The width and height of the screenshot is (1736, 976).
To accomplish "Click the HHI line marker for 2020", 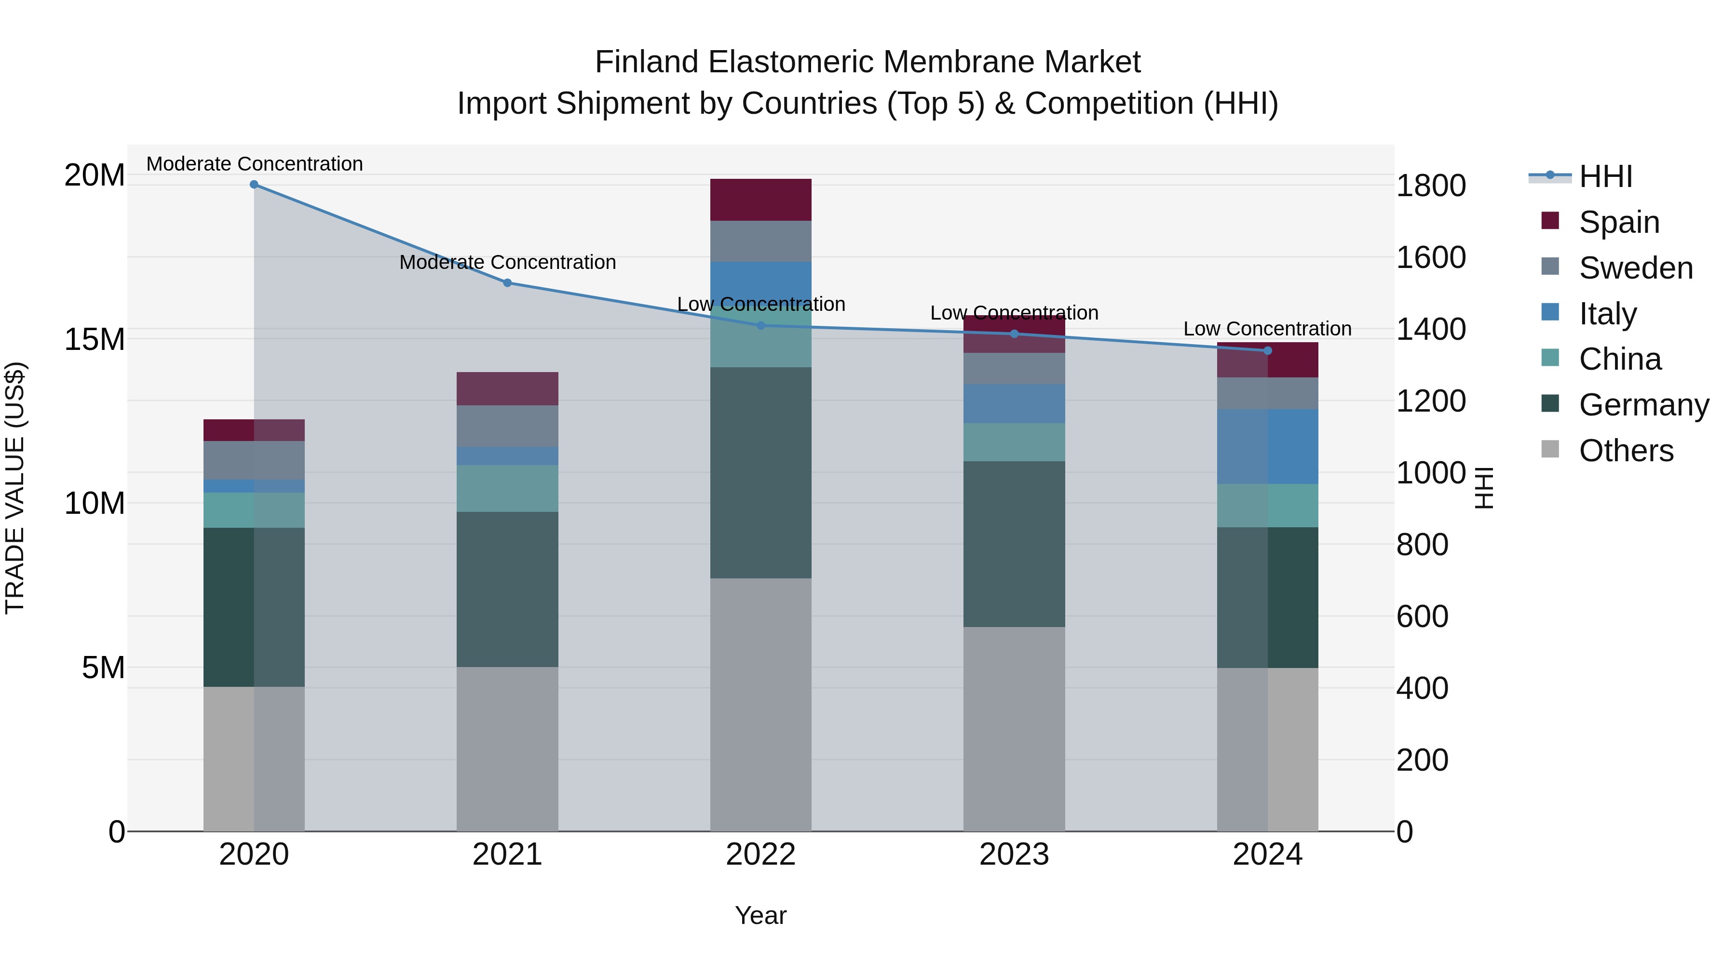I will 254,185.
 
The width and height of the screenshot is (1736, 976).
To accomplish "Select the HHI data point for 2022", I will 761,325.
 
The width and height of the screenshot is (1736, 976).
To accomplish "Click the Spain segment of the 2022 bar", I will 761,200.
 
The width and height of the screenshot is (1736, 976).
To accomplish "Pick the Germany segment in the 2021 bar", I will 507,589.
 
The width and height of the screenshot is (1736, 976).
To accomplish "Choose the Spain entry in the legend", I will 1619,222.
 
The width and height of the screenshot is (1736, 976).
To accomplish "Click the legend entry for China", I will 1619,359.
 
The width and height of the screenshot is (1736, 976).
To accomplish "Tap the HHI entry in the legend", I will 1605,176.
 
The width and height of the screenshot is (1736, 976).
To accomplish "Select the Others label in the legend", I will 1626,451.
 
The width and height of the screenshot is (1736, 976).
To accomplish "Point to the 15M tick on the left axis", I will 95,339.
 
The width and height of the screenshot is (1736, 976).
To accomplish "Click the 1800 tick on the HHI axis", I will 1431,186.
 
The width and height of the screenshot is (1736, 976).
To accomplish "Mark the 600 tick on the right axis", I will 1422,616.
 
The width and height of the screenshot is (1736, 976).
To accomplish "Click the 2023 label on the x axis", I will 1014,855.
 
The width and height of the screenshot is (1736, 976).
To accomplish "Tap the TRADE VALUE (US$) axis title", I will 15,488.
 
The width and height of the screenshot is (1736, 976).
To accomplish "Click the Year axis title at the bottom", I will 761,915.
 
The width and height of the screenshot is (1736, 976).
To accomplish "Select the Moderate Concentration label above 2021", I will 507,262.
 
